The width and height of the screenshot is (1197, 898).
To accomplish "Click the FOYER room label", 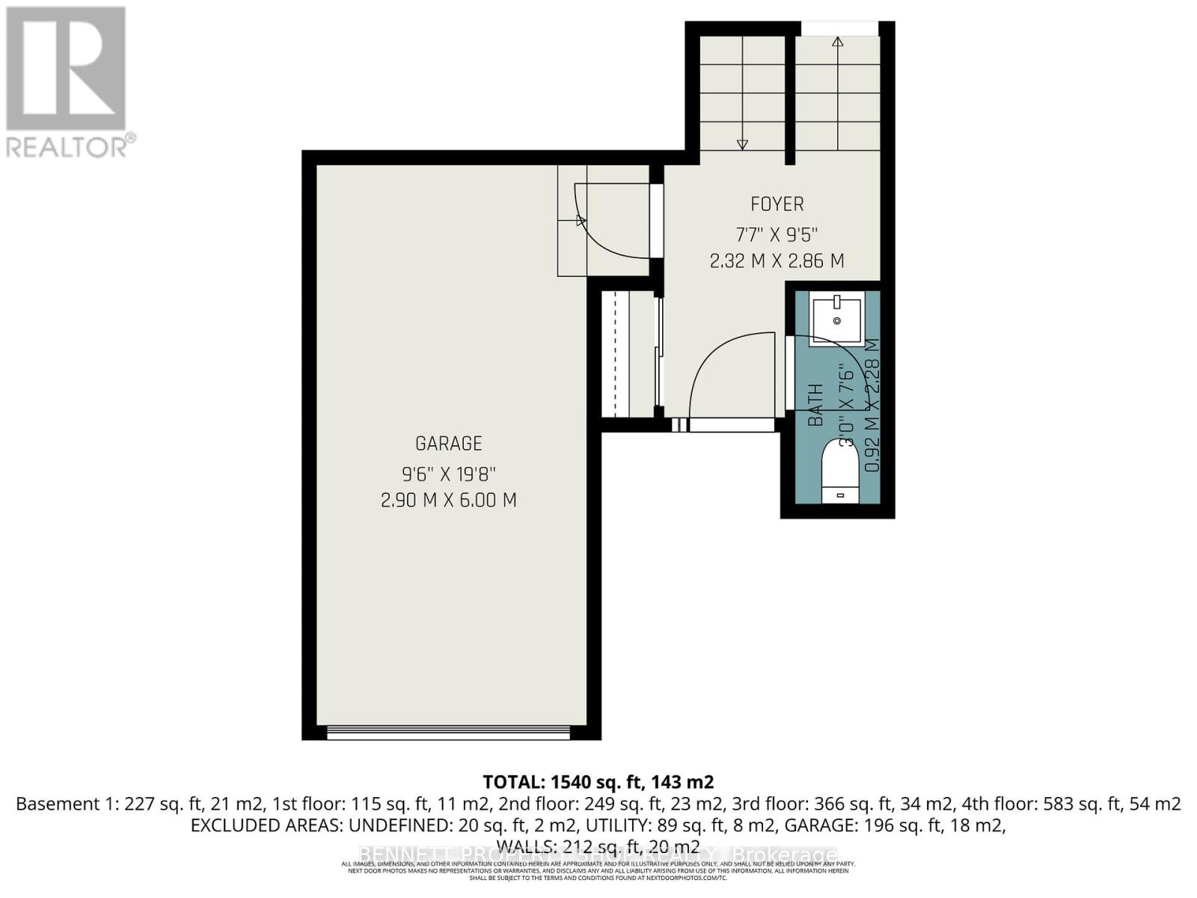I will coord(777,204).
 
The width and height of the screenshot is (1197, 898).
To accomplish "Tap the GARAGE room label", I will coord(449,444).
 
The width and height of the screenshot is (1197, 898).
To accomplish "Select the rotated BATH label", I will coord(816,405).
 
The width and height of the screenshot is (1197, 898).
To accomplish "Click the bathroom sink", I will coord(837,319).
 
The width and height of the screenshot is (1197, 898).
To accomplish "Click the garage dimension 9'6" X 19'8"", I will coord(449,474).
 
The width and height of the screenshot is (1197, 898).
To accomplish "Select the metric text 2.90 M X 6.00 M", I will coord(449,500).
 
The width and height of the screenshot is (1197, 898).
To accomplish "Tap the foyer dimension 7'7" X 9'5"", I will coord(777,234).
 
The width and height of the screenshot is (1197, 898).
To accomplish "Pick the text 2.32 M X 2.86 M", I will coord(777,261).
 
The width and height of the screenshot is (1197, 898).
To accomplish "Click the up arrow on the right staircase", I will coord(838,43).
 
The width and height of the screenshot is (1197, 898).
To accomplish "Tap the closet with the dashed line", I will coord(629,355).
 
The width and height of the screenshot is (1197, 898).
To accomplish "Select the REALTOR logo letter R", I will coord(66,69).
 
